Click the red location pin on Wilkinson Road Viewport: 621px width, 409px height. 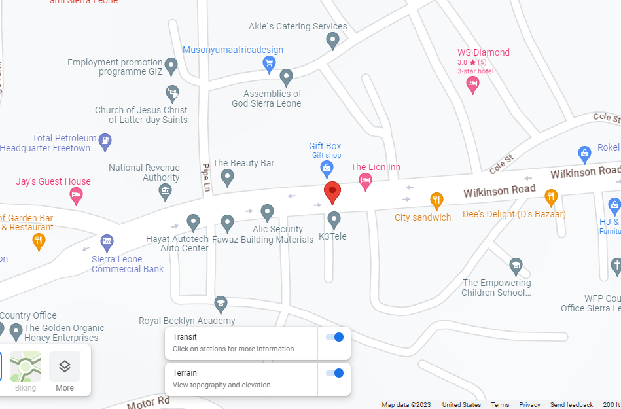[333, 192]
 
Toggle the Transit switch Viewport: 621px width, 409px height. [334, 337]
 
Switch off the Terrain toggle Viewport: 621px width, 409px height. [334, 373]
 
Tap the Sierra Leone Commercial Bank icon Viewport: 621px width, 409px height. [107, 243]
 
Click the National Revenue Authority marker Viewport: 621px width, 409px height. [165, 191]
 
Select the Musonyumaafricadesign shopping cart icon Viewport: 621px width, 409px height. [269, 63]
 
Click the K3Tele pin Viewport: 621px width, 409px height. [334, 219]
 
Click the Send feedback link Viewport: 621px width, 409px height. [571, 404]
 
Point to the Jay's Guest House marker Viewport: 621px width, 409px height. [77, 194]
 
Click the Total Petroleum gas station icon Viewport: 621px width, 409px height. [105, 139]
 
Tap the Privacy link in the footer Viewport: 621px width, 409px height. [529, 404]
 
